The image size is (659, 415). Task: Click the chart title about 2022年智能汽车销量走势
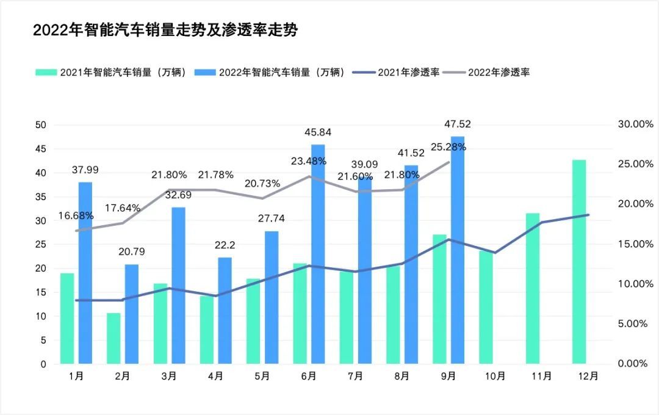pos(165,31)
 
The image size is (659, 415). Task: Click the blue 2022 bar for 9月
pos(458,250)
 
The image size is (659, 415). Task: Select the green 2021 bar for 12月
pos(579,262)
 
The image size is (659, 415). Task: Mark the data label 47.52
pos(458,125)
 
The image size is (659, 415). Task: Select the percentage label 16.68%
pos(76,215)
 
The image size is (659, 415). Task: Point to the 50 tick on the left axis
pos(41,125)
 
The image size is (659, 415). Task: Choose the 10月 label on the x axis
pos(495,377)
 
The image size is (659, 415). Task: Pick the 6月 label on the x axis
pos(308,377)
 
